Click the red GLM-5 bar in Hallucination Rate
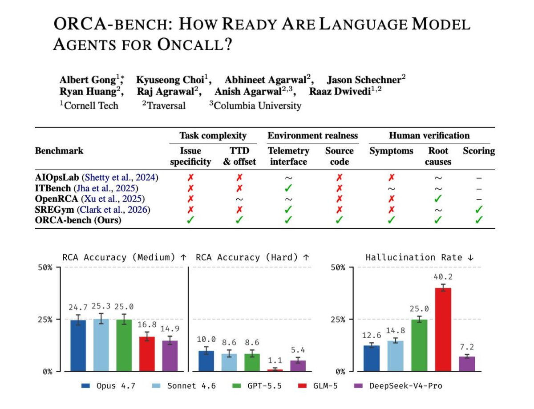point(443,329)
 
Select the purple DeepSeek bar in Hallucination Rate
point(467,364)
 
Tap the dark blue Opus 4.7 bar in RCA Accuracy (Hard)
point(206,361)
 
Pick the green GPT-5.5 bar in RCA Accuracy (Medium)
point(124,345)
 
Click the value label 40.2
point(443,277)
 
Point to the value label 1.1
point(275,360)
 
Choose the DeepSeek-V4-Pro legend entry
point(398,386)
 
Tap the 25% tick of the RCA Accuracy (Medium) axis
point(45,320)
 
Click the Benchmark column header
point(59,150)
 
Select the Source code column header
point(340,156)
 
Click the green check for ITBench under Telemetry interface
point(288,188)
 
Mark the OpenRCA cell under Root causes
point(438,198)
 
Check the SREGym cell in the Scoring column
point(479,209)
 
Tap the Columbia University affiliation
point(255,105)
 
